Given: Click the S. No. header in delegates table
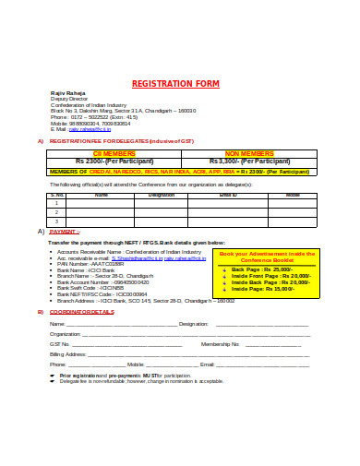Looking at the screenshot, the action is tap(56, 195).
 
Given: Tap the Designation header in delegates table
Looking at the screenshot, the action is tap(162, 195).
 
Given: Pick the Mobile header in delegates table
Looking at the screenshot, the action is tap(293, 195).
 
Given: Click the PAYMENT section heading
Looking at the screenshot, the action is tap(66, 231).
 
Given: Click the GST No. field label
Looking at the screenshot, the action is tap(59, 343).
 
